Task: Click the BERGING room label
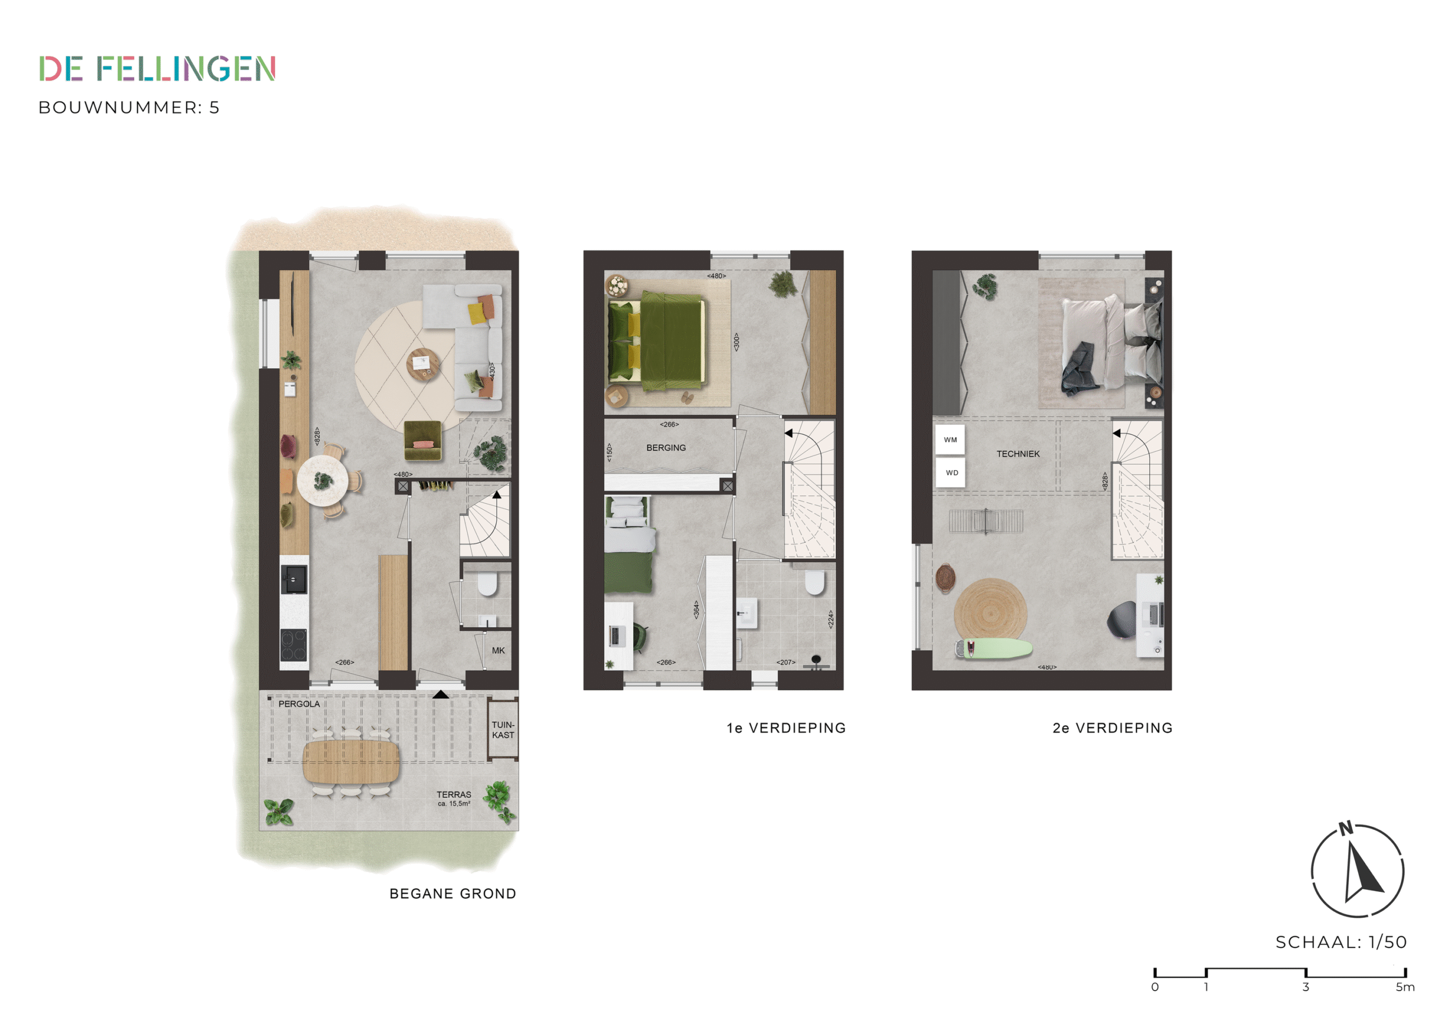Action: click(666, 447)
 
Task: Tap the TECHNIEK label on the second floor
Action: click(1018, 454)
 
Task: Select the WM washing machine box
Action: click(950, 440)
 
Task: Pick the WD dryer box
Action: click(951, 473)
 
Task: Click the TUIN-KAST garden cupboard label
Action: click(502, 730)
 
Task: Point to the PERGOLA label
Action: click(299, 704)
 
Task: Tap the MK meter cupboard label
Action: click(498, 651)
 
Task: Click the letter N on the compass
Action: click(1346, 829)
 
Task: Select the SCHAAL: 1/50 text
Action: click(1340, 942)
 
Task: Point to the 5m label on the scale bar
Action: click(1405, 987)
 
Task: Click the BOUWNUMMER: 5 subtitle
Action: click(129, 108)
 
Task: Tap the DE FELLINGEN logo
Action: click(157, 68)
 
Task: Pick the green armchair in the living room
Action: click(423, 440)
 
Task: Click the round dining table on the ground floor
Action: click(323, 480)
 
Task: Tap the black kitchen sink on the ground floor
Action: click(294, 579)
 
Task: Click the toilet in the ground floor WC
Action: click(487, 582)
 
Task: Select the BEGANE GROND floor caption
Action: click(452, 894)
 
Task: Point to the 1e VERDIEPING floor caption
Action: click(786, 728)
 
